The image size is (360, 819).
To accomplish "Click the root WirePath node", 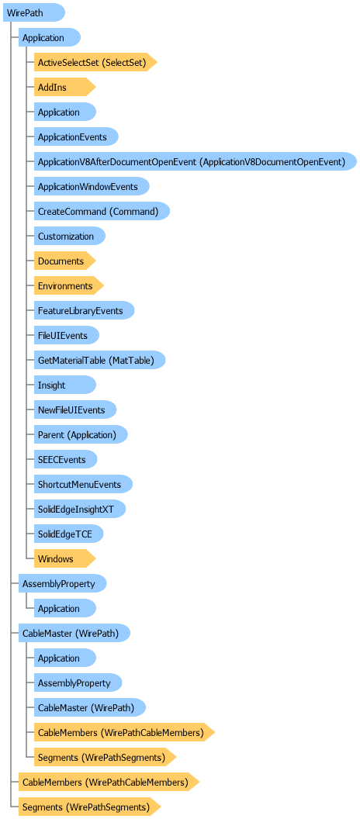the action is (34, 12).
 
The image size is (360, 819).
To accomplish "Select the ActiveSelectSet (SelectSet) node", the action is (95, 62).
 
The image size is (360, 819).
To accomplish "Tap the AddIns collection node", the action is (65, 87).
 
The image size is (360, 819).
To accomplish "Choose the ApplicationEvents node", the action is (76, 136).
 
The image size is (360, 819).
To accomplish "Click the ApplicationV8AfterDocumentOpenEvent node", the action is (196, 162).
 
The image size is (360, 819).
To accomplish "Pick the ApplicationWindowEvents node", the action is (92, 186).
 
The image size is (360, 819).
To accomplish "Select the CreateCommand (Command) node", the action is (102, 212).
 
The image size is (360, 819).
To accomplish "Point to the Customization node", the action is (70, 236).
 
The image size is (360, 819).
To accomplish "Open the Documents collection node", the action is (65, 261).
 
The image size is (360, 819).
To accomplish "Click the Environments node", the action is (69, 285).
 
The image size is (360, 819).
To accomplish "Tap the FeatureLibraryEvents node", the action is (84, 311).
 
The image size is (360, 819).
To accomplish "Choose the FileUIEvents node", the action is (67, 335).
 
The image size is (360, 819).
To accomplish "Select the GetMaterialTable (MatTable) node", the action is (100, 361).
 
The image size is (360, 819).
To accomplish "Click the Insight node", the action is (65, 385).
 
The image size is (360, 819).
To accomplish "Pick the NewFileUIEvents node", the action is (75, 410).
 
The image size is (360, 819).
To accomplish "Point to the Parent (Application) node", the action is (81, 434).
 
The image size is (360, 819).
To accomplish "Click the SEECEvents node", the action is (67, 460).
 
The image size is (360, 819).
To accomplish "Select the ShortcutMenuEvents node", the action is (83, 484).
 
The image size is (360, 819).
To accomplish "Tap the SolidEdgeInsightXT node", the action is (80, 510).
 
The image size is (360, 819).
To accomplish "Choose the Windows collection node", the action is (65, 559).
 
